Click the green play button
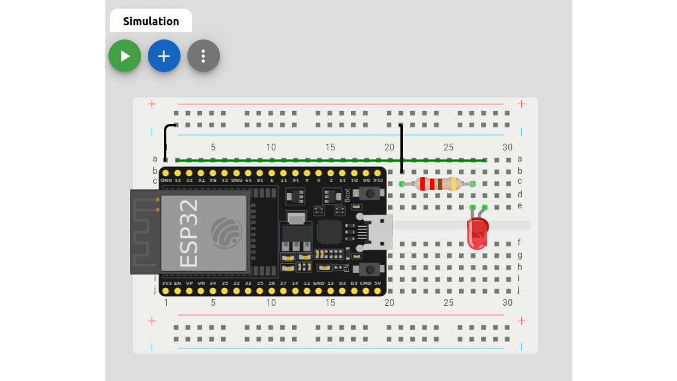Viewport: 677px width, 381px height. [124, 56]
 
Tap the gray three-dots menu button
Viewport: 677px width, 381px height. [203, 56]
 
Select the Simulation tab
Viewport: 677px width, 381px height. [151, 21]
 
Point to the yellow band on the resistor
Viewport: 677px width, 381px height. [454, 184]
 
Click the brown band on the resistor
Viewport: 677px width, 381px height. [440, 184]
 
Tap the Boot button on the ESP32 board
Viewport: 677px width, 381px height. [370, 194]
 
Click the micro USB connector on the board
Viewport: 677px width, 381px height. [377, 232]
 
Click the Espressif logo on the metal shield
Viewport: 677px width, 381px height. [226, 233]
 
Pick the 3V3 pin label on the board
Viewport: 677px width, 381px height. [166, 283]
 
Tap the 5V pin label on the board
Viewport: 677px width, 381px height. [378, 283]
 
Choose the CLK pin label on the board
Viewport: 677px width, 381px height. [378, 180]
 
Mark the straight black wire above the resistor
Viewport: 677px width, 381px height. [402, 148]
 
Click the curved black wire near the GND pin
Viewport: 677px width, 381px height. [166, 139]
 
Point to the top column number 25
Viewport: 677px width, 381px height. [448, 147]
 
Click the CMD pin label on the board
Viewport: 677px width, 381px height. [365, 283]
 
